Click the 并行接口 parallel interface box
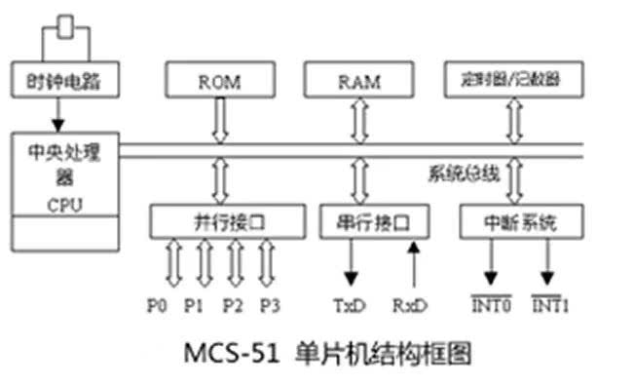(x=221, y=222)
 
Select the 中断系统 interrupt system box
(x=520, y=222)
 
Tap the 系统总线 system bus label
(x=465, y=175)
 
